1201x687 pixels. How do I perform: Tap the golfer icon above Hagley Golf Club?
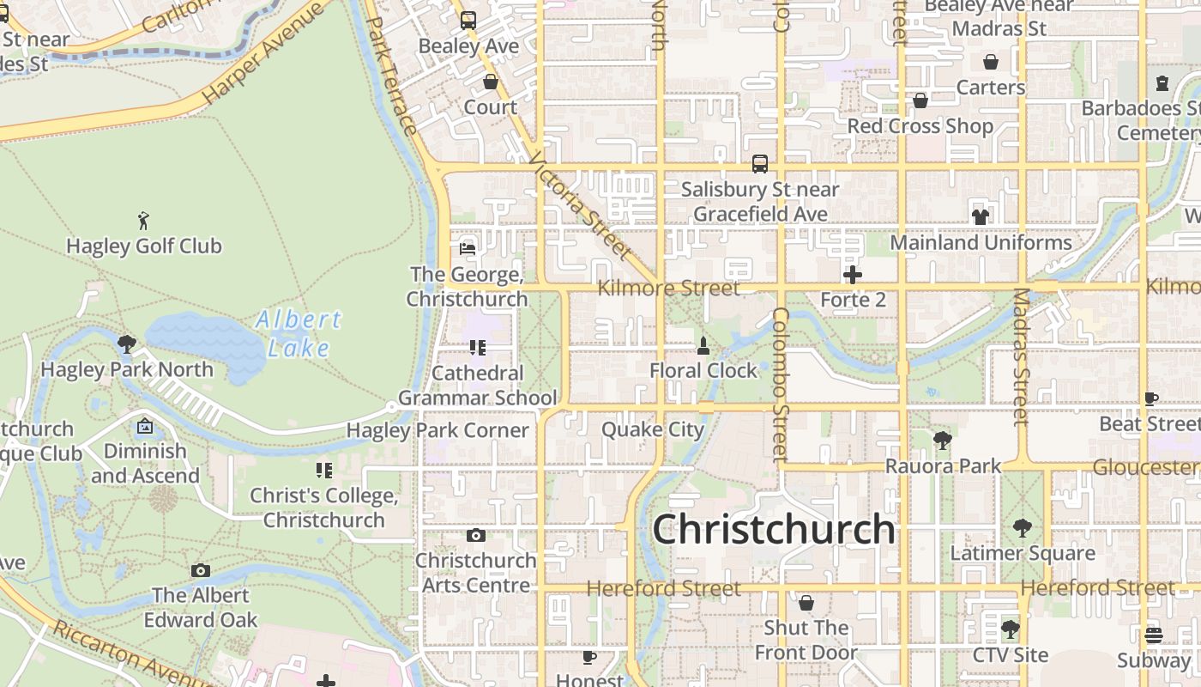click(143, 221)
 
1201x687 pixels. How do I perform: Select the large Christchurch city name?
click(774, 529)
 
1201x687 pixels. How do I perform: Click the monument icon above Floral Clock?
click(703, 346)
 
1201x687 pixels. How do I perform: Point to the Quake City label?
click(653, 429)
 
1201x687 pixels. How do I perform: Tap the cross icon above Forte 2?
click(853, 275)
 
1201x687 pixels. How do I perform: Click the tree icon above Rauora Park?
click(942, 441)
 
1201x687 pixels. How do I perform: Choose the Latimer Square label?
click(1023, 553)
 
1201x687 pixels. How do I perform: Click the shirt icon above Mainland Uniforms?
click(981, 216)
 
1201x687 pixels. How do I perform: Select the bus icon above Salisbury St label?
click(759, 163)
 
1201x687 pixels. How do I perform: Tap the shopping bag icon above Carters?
click(991, 63)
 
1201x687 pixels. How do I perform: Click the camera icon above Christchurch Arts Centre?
click(475, 536)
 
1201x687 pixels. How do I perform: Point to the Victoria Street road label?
click(581, 205)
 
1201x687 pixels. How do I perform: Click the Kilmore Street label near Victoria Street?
click(668, 289)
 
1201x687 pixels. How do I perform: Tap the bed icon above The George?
click(468, 248)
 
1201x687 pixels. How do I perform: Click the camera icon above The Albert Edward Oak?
click(201, 570)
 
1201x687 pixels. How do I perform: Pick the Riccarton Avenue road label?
click(129, 655)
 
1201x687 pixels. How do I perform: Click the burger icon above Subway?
click(1154, 635)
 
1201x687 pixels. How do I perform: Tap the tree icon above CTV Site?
click(1011, 629)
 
